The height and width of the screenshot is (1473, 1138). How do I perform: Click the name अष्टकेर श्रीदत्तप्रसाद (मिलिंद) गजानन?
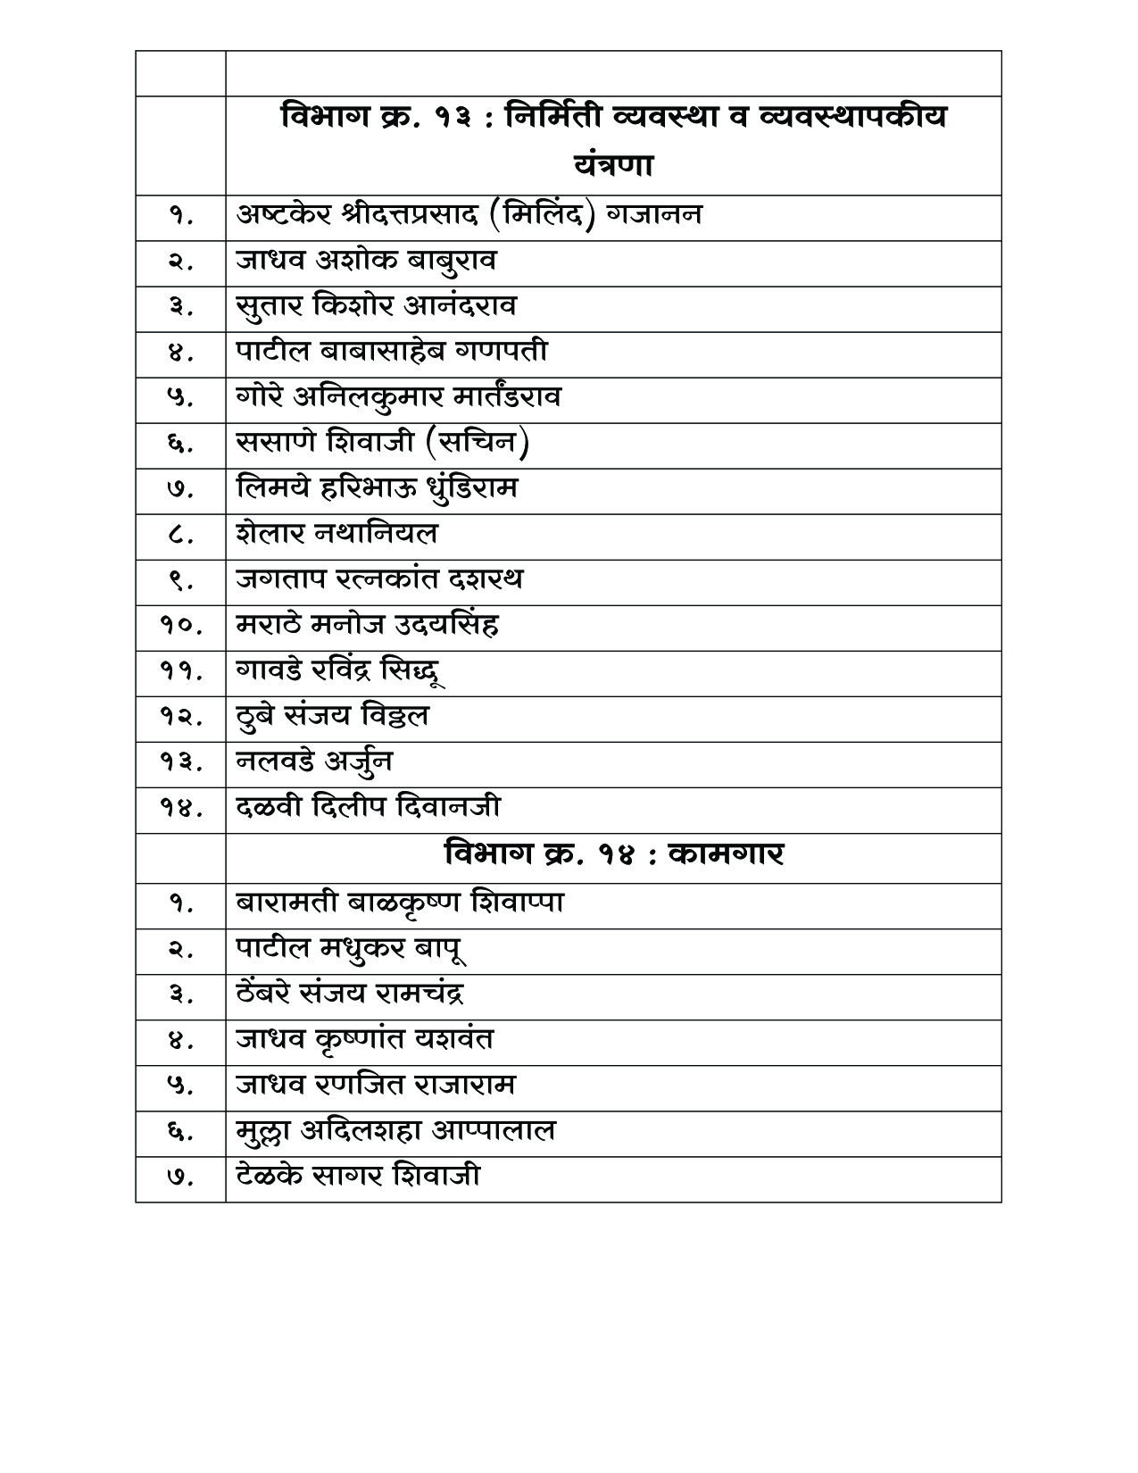(x=469, y=215)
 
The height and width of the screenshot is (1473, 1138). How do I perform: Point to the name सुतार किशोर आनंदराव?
(x=376, y=306)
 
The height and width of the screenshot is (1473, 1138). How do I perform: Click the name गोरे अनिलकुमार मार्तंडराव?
(x=398, y=397)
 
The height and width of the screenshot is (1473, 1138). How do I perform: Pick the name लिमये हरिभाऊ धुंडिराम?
(x=377, y=488)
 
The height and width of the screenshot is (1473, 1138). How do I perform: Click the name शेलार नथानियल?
(x=337, y=534)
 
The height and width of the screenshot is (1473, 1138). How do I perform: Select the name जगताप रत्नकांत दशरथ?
(x=379, y=579)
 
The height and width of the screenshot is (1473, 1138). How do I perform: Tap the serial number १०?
(x=181, y=626)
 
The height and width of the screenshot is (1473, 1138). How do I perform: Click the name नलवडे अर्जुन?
(x=314, y=762)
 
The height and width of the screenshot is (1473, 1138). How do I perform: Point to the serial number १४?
(x=181, y=808)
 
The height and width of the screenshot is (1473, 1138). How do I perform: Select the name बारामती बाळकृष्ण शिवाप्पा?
(x=400, y=902)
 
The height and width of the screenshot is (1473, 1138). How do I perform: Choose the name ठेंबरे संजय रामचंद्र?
(x=350, y=994)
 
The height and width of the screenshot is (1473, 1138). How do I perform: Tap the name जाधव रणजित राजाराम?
(x=376, y=1086)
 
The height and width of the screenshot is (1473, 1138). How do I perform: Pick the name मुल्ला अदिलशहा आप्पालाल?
(x=395, y=1131)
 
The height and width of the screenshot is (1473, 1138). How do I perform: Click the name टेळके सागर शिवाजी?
(x=358, y=1177)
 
